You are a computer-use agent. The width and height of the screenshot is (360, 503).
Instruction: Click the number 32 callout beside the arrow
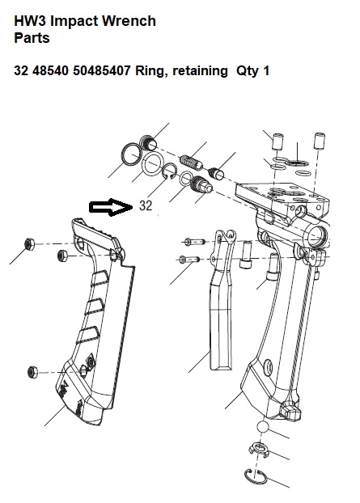point(146,205)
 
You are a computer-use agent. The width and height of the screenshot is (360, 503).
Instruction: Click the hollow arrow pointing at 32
point(111,207)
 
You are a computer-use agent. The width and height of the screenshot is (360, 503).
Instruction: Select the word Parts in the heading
point(32,38)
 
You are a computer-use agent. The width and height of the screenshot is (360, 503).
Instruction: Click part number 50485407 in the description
point(102,70)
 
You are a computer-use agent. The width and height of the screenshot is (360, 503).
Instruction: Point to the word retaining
point(200,71)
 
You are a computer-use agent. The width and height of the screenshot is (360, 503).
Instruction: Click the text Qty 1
point(252,71)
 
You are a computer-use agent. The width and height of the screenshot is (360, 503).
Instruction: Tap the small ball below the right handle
point(262,427)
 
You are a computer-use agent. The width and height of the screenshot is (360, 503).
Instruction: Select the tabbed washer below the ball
point(259,450)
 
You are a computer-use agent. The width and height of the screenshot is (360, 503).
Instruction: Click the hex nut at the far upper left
point(29,243)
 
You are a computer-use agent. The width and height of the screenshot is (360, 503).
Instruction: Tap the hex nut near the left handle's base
point(32,372)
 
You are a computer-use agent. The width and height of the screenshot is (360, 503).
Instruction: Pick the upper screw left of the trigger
point(194,241)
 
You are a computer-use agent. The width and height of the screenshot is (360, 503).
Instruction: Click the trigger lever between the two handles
point(222,298)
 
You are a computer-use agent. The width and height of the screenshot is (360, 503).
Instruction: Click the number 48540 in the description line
point(51,70)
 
